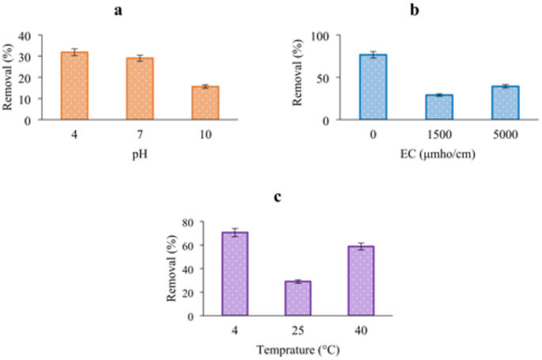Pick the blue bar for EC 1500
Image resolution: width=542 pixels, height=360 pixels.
pyautogui.click(x=439, y=107)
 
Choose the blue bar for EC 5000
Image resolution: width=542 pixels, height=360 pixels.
pyautogui.click(x=505, y=103)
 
